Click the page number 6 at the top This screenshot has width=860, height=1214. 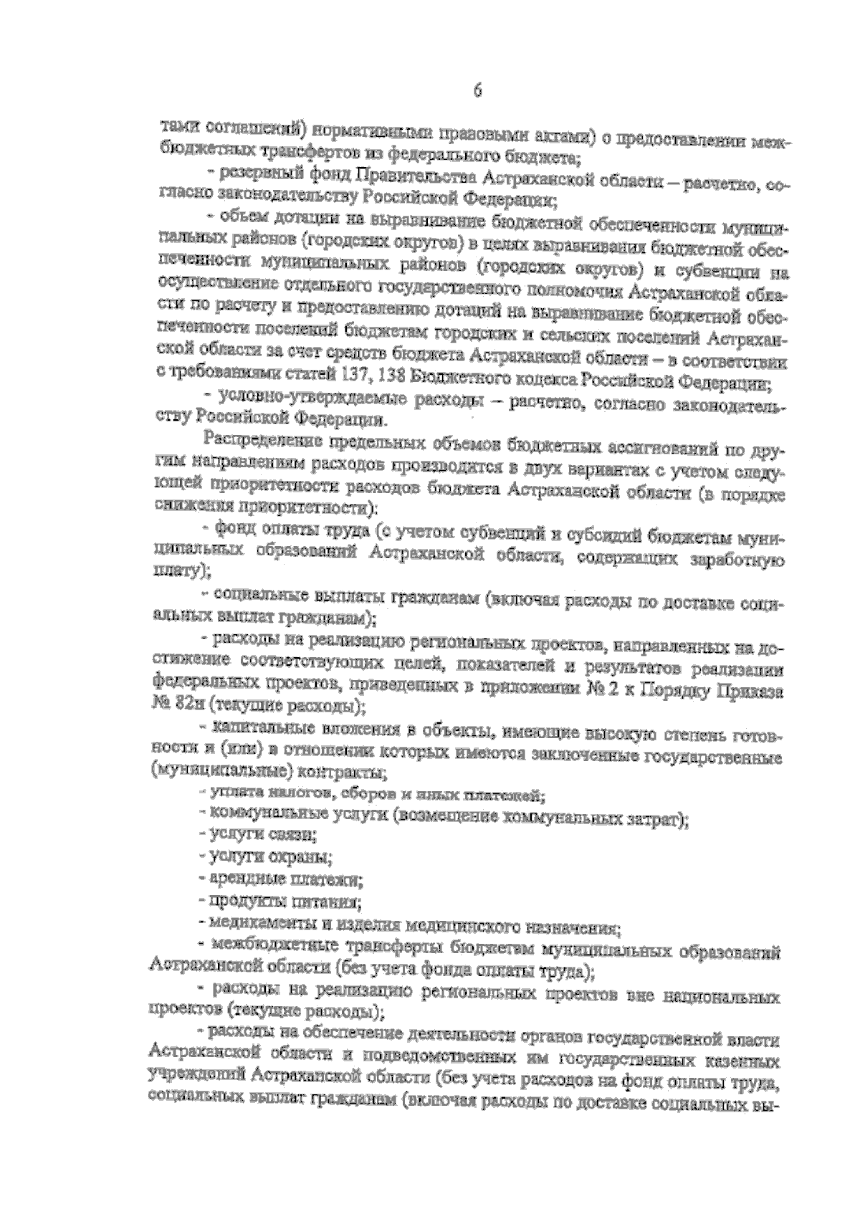tap(478, 91)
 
